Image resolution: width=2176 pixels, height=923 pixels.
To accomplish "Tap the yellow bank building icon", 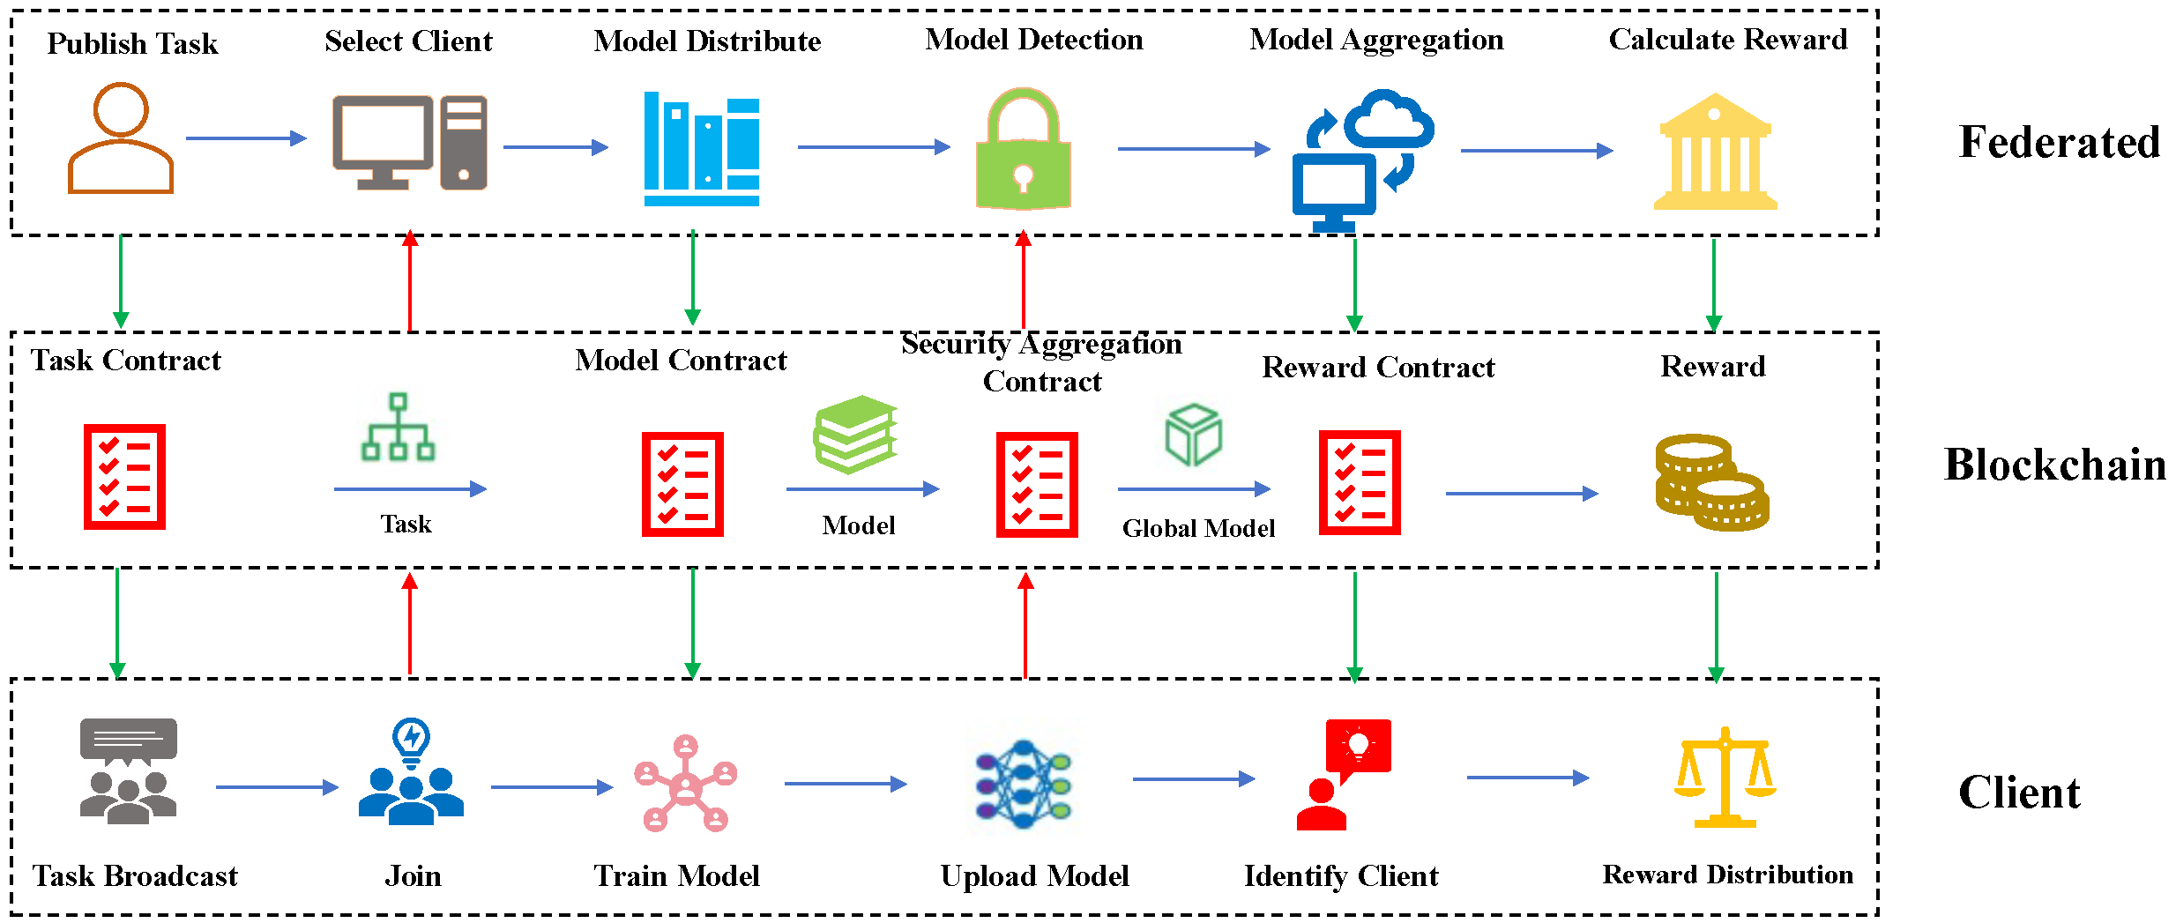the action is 1715,151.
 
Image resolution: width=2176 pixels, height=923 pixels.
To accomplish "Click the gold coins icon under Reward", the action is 1711,482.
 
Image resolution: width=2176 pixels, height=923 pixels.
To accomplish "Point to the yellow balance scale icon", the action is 1725,778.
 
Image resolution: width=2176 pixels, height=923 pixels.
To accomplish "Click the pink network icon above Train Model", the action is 686,783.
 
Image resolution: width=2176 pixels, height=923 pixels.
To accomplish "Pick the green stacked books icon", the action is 854,434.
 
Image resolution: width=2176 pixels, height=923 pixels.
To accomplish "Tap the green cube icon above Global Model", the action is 1193,435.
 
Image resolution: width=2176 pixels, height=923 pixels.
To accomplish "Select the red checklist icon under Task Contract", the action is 124,477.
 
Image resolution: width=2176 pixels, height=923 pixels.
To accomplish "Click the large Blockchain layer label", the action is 2054,465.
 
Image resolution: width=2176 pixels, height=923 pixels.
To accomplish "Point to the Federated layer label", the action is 2059,142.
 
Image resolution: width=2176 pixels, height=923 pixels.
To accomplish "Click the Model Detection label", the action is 1034,40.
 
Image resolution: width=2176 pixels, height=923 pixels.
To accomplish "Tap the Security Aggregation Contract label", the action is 1041,362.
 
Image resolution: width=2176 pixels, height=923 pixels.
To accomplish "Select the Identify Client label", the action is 1341,875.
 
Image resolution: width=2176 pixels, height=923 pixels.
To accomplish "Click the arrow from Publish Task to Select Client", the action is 246,138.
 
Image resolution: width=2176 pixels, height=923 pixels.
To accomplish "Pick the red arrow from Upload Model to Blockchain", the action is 1025,625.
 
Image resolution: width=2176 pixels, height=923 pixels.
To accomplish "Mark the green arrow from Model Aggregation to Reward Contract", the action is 1355,285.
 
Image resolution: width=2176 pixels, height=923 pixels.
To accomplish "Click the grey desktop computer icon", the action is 409,143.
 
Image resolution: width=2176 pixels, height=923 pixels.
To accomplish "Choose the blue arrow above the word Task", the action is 410,488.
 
